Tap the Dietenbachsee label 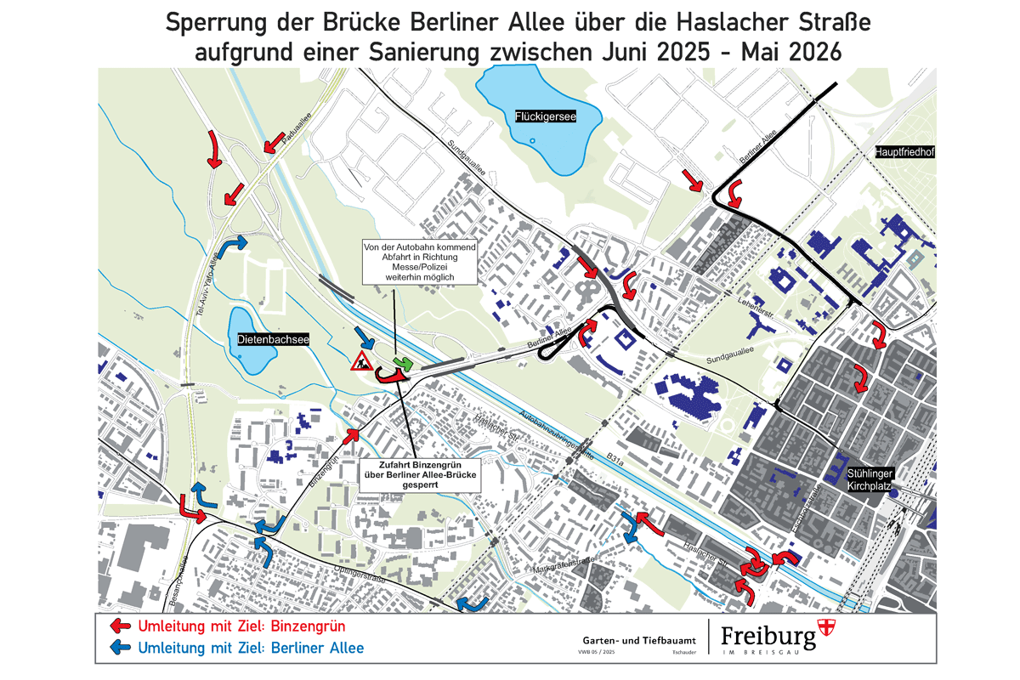tap(273, 338)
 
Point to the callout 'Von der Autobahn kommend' tap(420, 262)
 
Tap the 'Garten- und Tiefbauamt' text tap(639, 638)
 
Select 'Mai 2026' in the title tap(790, 51)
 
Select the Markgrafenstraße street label tap(562, 562)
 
